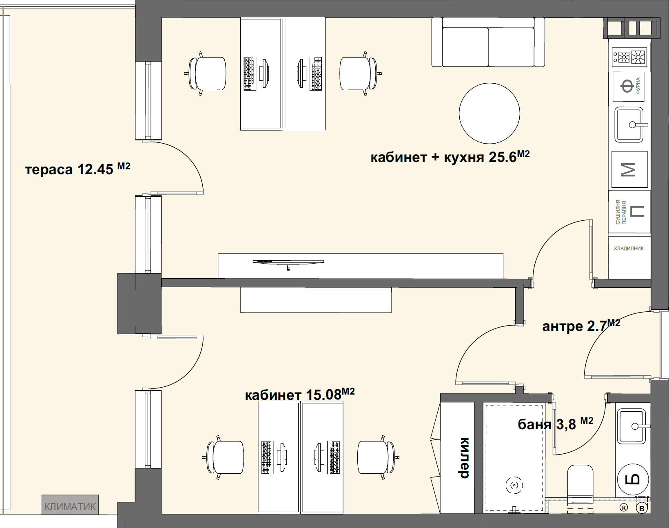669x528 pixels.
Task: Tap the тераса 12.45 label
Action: pyautogui.click(x=78, y=169)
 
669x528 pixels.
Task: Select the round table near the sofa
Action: pyautogui.click(x=490, y=113)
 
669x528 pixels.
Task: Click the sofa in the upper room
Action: pyautogui.click(x=488, y=42)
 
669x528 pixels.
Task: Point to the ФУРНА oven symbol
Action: pyautogui.click(x=628, y=87)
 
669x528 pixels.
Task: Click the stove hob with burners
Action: pyautogui.click(x=629, y=57)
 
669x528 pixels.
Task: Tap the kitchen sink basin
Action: pyautogui.click(x=629, y=125)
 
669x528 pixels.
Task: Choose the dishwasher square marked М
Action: pyautogui.click(x=629, y=169)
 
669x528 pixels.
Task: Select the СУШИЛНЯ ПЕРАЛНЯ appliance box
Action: pyautogui.click(x=629, y=212)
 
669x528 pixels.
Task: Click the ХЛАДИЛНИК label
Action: pyautogui.click(x=629, y=248)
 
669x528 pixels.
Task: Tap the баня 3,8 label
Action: pyautogui.click(x=555, y=424)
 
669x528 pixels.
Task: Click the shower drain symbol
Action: pyautogui.click(x=514, y=485)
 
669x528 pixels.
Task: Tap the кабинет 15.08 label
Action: pyautogui.click(x=300, y=395)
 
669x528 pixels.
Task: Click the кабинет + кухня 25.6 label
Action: pyautogui.click(x=450, y=157)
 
